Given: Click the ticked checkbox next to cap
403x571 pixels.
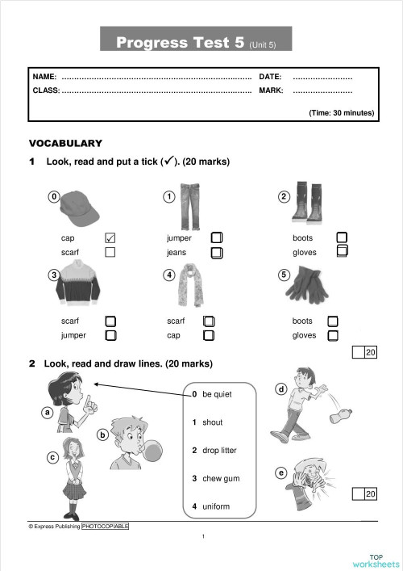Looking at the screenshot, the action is click(110, 238).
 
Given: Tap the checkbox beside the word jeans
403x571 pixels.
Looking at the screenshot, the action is click(216, 253).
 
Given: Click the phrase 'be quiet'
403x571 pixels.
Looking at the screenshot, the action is click(217, 394).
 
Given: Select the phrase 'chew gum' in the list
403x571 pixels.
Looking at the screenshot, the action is click(220, 479).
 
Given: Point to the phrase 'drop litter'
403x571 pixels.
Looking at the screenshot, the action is click(219, 450).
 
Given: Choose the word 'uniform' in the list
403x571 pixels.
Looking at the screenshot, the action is click(216, 506).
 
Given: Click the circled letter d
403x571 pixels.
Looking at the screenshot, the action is click(281, 389).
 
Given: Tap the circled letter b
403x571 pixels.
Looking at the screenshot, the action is click(102, 435).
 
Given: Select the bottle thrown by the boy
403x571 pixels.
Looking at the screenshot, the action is click(339, 417).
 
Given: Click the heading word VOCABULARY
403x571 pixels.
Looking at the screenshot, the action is click(65, 143).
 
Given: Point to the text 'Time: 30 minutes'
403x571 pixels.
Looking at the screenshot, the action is click(342, 113).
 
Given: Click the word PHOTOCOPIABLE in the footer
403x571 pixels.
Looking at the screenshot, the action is click(105, 526).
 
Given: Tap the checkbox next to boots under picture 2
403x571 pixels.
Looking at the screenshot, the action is click(342, 237).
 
